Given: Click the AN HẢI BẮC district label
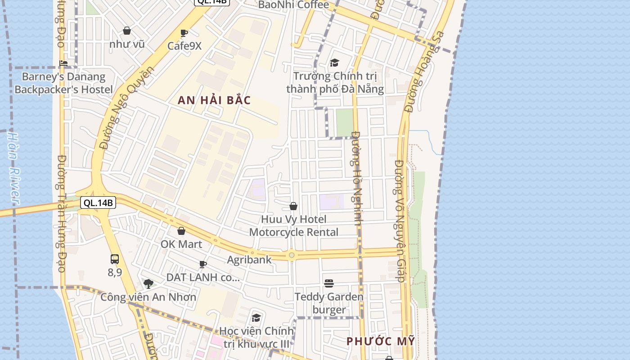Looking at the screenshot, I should pos(214,100).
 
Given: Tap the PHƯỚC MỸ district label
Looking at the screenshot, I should pos(381,341).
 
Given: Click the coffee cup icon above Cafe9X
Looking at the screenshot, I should pos(184,33).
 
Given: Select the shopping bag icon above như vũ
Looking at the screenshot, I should pos(127,31).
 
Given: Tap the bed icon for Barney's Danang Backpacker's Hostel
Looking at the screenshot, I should pos(63,63).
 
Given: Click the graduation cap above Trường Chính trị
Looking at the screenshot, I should pos(334,63).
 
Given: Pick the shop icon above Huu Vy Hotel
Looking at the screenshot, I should pos(293,206).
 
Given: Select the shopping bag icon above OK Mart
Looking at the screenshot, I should pos(181,231).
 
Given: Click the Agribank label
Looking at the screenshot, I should pos(249,260).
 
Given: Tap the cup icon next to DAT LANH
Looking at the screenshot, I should pos(203,264).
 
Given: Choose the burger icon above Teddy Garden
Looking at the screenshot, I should pos(329,283).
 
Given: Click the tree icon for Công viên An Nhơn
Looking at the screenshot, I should pos(148,283).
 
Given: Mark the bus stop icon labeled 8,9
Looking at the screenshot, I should pos(115,259).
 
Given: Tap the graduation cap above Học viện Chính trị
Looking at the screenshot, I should pos(256,318).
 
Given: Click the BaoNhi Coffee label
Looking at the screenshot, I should pos(293,5).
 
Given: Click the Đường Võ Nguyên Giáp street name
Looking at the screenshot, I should pos(400,220).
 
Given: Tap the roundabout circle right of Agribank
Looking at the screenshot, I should pos(292,255).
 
